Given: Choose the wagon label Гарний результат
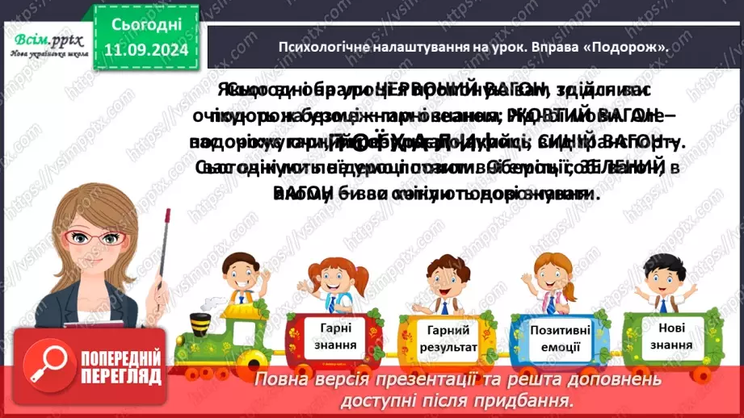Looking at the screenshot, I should point(442,340).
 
